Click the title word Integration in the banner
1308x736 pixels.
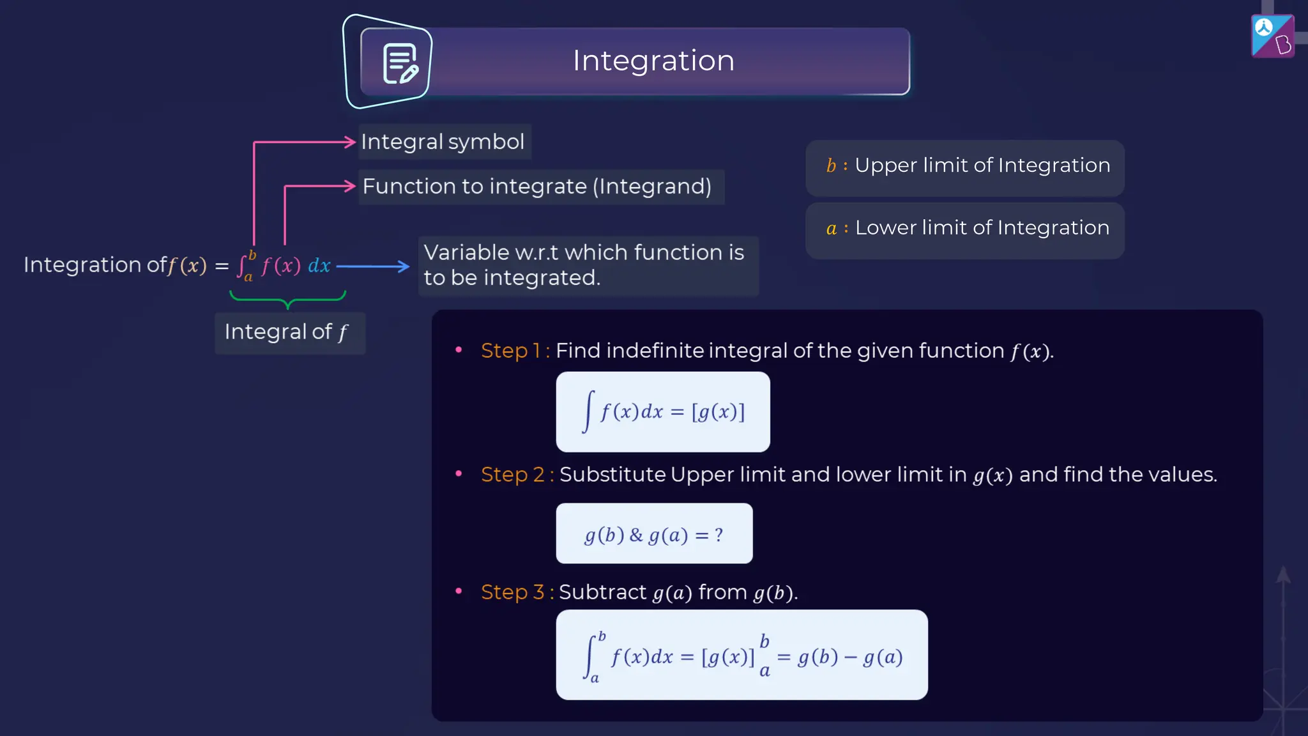coord(653,61)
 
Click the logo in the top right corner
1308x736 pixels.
coord(1272,36)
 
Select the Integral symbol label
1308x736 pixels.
coord(443,142)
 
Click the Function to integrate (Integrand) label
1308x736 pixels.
coord(536,187)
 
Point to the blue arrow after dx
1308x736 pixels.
coord(373,266)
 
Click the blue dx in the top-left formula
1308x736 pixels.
coord(319,266)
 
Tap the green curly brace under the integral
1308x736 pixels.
coord(287,299)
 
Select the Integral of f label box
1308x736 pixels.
coord(289,332)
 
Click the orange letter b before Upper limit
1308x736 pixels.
coord(830,166)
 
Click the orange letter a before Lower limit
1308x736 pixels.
coord(831,229)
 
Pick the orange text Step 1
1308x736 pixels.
coord(511,351)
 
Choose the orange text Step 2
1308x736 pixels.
coord(513,475)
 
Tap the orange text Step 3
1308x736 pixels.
coord(513,592)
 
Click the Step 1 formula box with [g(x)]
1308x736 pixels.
coord(662,412)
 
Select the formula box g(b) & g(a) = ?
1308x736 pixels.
coord(654,533)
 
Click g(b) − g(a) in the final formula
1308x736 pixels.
coord(850,657)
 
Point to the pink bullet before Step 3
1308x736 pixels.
coord(459,591)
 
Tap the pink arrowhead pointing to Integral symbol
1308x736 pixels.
coord(349,142)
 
